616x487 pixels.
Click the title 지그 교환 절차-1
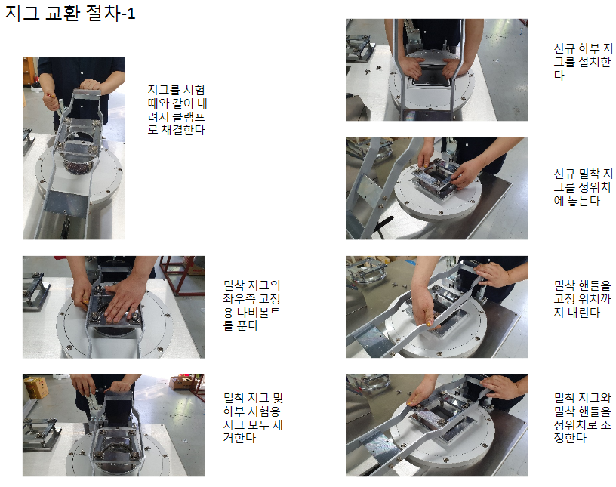(x=70, y=13)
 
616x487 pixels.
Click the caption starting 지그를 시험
(x=177, y=109)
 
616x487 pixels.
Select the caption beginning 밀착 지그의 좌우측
(x=252, y=305)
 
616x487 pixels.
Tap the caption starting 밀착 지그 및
(x=253, y=418)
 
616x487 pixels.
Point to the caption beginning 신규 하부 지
(x=583, y=62)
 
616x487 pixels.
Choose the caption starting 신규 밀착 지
(x=583, y=187)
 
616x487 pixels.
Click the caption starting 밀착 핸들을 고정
(x=582, y=299)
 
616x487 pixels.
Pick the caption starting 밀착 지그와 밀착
(x=582, y=418)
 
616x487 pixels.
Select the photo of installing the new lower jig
(x=437, y=69)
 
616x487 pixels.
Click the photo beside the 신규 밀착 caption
(x=437, y=188)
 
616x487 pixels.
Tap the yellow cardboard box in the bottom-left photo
(x=36, y=387)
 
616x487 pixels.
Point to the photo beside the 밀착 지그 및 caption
(x=113, y=425)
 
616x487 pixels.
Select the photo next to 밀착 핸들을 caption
(x=437, y=307)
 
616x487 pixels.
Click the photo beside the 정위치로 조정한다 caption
(x=437, y=425)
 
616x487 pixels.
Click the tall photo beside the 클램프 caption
(x=74, y=149)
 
